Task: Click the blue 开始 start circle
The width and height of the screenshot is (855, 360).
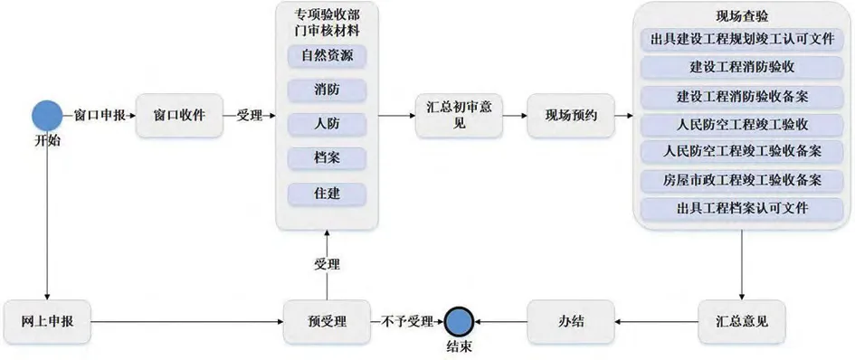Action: [46, 116]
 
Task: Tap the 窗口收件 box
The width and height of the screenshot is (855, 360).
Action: [179, 116]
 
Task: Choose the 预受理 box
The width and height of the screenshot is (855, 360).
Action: [326, 320]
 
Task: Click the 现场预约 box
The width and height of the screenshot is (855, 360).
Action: [569, 116]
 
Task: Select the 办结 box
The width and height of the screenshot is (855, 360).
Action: [569, 320]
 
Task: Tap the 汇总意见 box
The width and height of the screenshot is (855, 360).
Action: [742, 320]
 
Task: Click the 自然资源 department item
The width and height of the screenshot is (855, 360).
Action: [327, 56]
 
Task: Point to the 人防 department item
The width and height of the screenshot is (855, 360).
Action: [327, 124]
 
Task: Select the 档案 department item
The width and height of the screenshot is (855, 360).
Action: [327, 158]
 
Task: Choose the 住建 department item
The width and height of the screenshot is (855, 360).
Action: [327, 193]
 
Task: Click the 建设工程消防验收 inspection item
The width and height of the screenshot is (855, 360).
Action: [742, 66]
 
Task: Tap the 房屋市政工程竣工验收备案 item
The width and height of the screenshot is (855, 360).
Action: [742, 179]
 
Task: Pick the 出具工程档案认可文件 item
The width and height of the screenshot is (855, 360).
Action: [742, 207]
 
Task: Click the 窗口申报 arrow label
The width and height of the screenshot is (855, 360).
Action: [100, 116]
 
